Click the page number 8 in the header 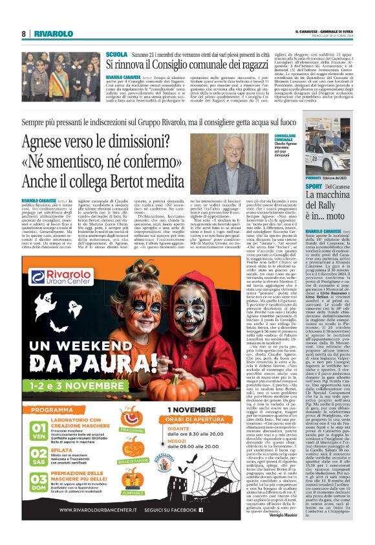coord(24,33)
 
